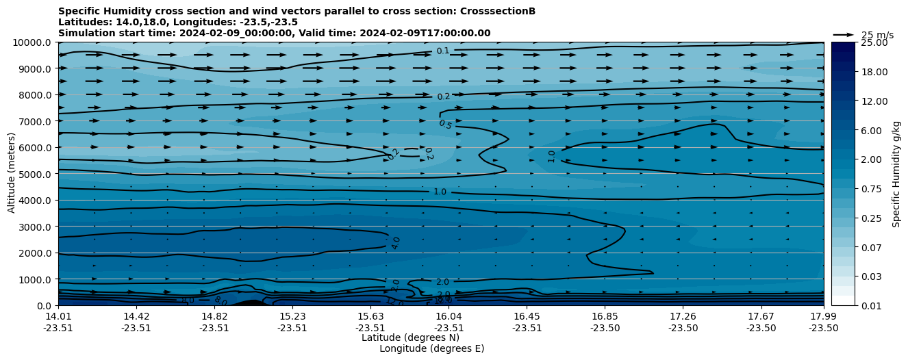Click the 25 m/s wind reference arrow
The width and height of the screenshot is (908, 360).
(844, 35)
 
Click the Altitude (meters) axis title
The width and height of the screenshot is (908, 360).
(12, 174)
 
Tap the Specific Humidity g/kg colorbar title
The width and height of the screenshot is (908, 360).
(896, 174)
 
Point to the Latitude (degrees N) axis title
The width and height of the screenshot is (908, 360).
(410, 337)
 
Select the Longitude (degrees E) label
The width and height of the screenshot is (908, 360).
(431, 348)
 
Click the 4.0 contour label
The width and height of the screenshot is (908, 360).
(396, 243)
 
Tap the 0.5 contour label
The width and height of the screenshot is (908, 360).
(445, 125)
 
